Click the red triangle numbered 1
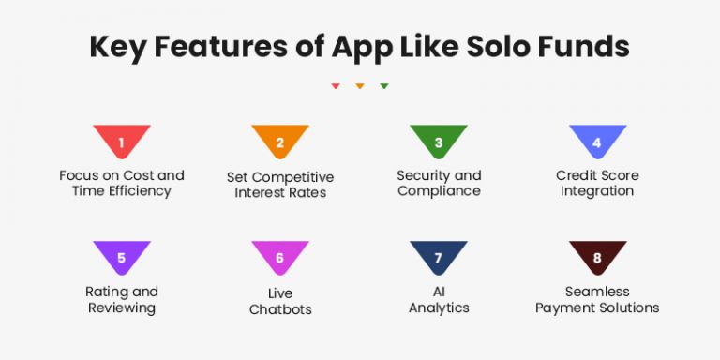click(122, 141)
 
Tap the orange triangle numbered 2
click(280, 141)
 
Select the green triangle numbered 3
click(439, 141)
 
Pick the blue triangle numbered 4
click(597, 141)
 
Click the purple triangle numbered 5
click(122, 256)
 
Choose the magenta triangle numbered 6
click(280, 256)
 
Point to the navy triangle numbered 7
click(439, 256)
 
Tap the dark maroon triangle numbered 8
click(597, 256)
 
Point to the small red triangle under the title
click(336, 86)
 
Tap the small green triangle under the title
click(384, 86)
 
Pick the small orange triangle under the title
click(360, 86)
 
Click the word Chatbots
click(280, 309)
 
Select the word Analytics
click(439, 307)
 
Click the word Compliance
click(439, 191)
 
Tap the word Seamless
click(597, 292)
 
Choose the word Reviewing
click(122, 307)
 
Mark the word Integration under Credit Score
click(597, 191)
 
